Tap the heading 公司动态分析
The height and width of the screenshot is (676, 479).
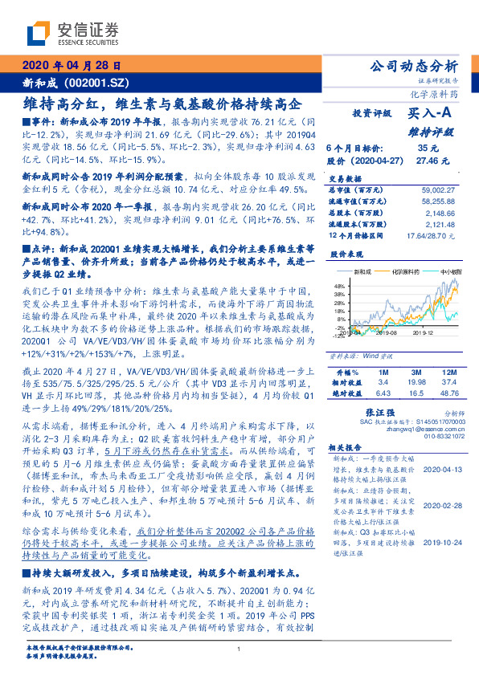click(414, 66)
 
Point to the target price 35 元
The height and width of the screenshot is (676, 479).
click(428, 148)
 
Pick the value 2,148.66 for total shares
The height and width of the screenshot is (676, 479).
click(441, 214)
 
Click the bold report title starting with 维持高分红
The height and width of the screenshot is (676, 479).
click(161, 104)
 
